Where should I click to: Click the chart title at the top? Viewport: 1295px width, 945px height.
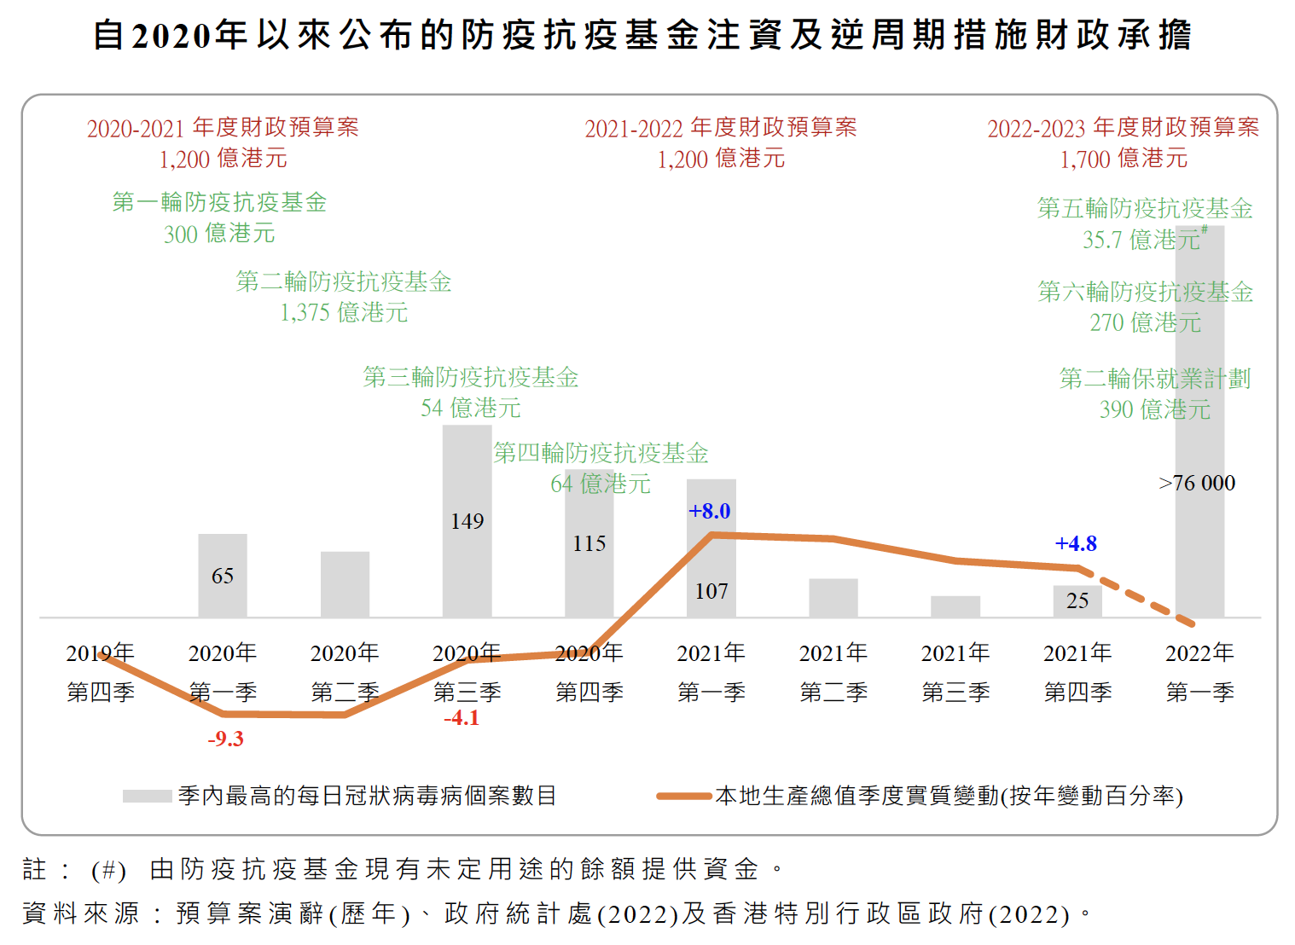(x=642, y=35)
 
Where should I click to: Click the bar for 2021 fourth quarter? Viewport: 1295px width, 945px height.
(x=1077, y=600)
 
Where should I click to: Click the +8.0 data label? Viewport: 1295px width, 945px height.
(x=710, y=511)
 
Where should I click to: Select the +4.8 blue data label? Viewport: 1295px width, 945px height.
(x=1076, y=543)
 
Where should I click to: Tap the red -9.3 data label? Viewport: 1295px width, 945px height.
(x=225, y=739)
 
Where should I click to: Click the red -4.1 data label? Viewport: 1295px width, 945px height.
(x=462, y=718)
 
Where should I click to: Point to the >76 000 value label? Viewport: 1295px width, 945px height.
(x=1197, y=484)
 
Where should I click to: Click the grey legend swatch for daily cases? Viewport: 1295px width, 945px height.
(x=147, y=796)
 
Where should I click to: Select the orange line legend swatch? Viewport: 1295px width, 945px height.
(x=684, y=796)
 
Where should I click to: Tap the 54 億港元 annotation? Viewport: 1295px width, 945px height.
(x=470, y=408)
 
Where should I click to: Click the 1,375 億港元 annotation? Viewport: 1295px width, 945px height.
(x=344, y=312)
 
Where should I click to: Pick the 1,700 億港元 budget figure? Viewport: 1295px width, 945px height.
(x=1124, y=159)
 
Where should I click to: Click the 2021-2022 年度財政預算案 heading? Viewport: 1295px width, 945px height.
(x=721, y=128)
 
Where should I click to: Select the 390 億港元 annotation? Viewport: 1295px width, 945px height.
(x=1154, y=409)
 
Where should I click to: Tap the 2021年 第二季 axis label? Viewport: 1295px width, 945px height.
(x=833, y=672)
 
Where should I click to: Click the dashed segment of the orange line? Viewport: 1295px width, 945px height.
(x=1143, y=600)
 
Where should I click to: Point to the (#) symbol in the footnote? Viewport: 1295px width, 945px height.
(x=109, y=870)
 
